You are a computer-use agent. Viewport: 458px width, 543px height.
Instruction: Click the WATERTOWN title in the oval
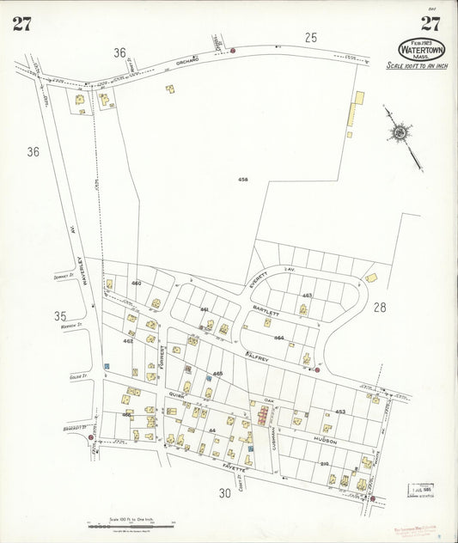422,51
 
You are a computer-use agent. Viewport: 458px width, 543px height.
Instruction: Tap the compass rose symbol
400,132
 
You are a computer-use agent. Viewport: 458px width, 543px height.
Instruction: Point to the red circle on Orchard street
233,51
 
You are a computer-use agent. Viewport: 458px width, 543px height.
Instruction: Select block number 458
243,179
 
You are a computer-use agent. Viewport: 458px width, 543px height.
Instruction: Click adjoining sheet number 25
310,37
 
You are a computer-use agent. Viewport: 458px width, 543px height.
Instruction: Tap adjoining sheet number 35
59,315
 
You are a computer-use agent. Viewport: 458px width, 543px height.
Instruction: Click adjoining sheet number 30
224,493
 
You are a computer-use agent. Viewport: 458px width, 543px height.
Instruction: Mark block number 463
307,295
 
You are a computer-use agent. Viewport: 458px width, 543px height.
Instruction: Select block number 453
340,412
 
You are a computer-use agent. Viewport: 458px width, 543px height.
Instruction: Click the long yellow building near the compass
355,110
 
